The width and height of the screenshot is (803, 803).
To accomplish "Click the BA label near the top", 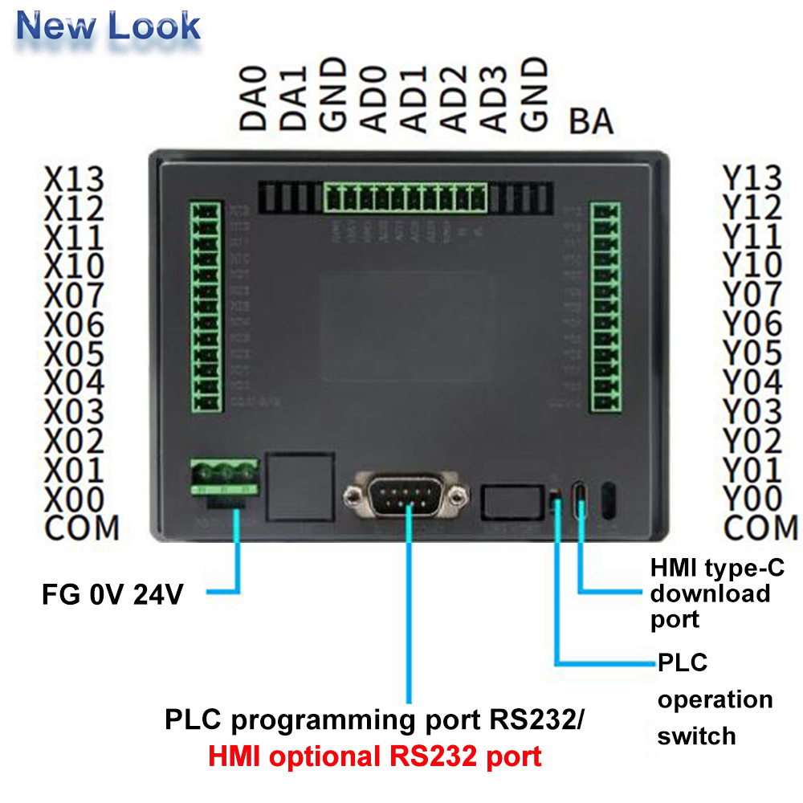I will (591, 122).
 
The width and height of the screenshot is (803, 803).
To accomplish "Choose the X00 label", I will (74, 499).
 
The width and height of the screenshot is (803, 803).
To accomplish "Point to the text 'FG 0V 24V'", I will (112, 595).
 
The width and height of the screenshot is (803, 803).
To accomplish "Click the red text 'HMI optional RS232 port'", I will (375, 756).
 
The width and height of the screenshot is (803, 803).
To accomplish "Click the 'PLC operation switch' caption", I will (713, 699).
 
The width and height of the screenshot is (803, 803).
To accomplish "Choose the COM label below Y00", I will (760, 528).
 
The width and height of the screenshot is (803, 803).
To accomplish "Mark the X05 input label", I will (74, 353).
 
